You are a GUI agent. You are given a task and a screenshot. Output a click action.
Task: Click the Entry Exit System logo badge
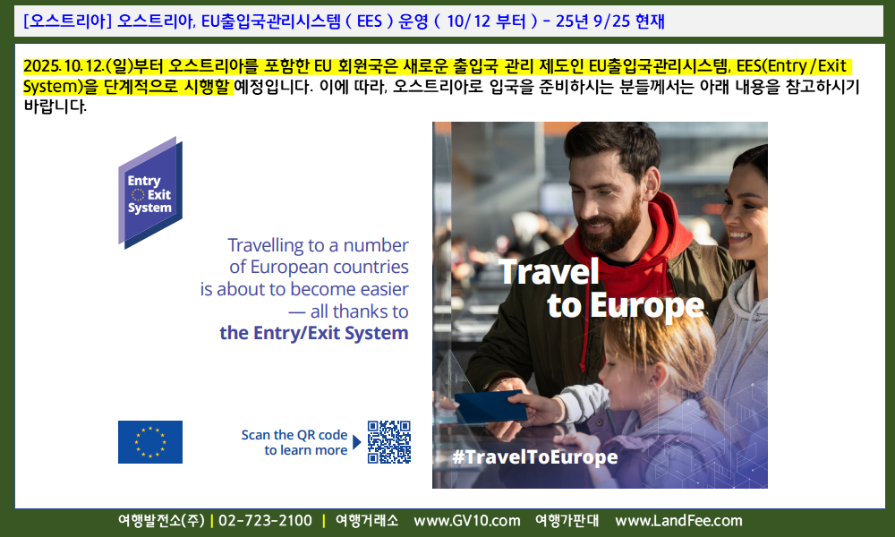pos(150,192)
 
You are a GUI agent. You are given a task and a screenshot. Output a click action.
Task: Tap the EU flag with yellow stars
pos(150,442)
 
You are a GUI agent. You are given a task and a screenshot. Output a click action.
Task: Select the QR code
pos(388,442)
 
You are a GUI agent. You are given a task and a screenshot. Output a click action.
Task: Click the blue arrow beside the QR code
pos(357,442)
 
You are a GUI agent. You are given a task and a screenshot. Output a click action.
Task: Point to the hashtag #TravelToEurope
pos(534,457)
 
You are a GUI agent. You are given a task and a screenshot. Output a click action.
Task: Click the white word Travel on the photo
pos(550,272)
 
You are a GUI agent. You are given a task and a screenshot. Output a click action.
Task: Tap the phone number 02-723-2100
pos(266,521)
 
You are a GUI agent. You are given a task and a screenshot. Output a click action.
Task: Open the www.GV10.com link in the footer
pos(467,521)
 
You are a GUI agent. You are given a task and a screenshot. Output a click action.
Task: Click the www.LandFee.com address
pos(678,521)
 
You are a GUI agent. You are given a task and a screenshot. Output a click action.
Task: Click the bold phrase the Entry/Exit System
pos(314,333)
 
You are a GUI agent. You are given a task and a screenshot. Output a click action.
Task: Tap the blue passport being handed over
pos(490,407)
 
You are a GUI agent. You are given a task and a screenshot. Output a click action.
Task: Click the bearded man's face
pos(604,197)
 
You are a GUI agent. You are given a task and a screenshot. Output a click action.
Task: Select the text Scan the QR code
pos(294,435)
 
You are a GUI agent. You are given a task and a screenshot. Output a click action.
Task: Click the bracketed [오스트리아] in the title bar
pos(67,21)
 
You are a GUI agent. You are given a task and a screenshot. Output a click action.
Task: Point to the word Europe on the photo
pos(647,307)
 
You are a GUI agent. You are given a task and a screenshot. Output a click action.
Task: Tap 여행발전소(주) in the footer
pos(161,521)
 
